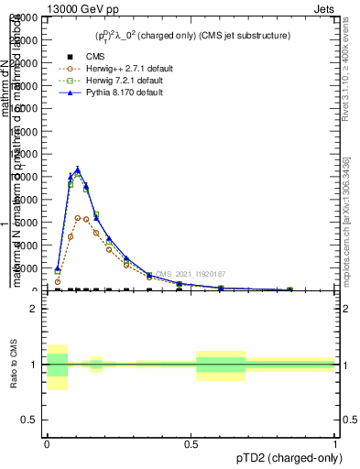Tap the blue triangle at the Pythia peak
click(78, 169)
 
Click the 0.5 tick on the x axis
click(191, 443)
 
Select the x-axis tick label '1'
click(335, 443)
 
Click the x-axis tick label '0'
click(47, 443)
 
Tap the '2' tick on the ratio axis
click(35, 309)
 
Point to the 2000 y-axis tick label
click(27, 267)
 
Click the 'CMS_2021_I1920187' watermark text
click(190, 274)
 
